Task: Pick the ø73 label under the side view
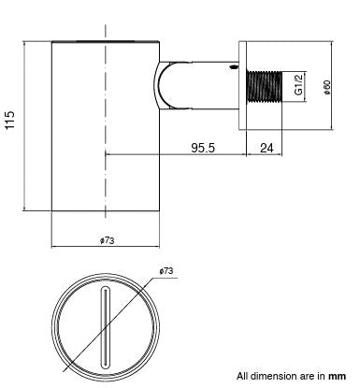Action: click(107, 239)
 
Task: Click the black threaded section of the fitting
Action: click(263, 90)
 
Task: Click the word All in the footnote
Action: click(243, 375)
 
